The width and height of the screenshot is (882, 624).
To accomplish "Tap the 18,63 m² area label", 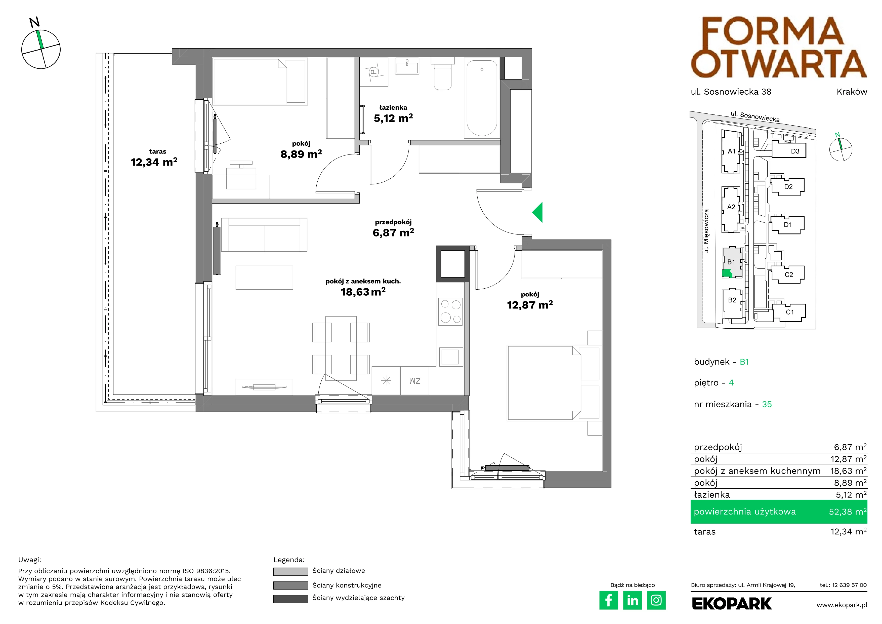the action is (x=363, y=292).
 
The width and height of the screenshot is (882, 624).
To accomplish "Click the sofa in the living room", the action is (x=264, y=235).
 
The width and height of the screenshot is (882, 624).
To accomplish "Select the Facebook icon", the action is (x=608, y=600).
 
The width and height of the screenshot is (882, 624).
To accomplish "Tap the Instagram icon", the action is (x=656, y=600).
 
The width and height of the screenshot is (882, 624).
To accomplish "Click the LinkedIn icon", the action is (x=632, y=600).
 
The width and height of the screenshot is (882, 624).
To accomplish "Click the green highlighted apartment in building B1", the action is (x=726, y=273).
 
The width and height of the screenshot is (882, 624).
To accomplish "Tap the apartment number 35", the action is (x=767, y=404).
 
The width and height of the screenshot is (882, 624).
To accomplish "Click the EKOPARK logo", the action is (x=732, y=604).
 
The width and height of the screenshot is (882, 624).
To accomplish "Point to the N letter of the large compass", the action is (x=34, y=22).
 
